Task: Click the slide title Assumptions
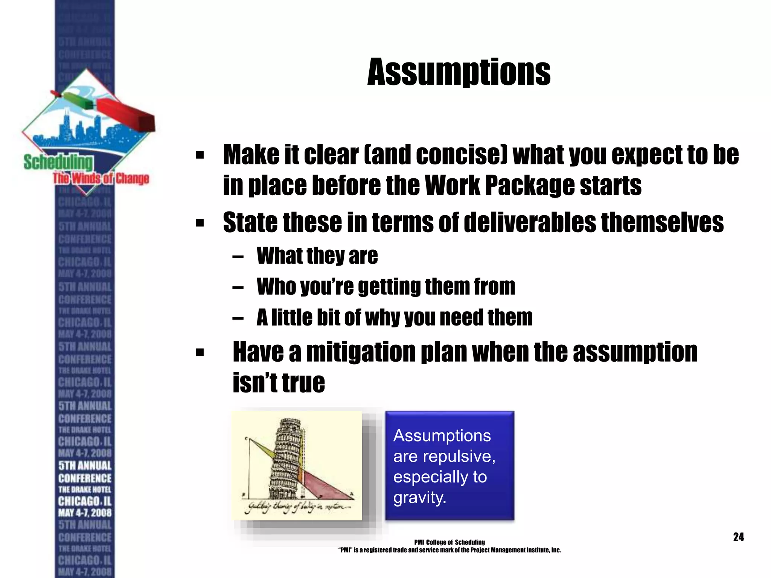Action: (x=459, y=72)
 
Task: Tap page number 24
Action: (x=738, y=537)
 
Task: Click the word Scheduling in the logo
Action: (x=58, y=163)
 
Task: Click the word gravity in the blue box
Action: (x=419, y=498)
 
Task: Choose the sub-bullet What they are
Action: (x=317, y=256)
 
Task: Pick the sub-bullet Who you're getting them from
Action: (x=385, y=287)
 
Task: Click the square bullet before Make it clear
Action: (x=200, y=155)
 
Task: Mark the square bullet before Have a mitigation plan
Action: (x=200, y=353)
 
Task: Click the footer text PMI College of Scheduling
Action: (x=449, y=542)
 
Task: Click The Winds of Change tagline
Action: (x=101, y=178)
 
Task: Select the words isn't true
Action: (x=279, y=383)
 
